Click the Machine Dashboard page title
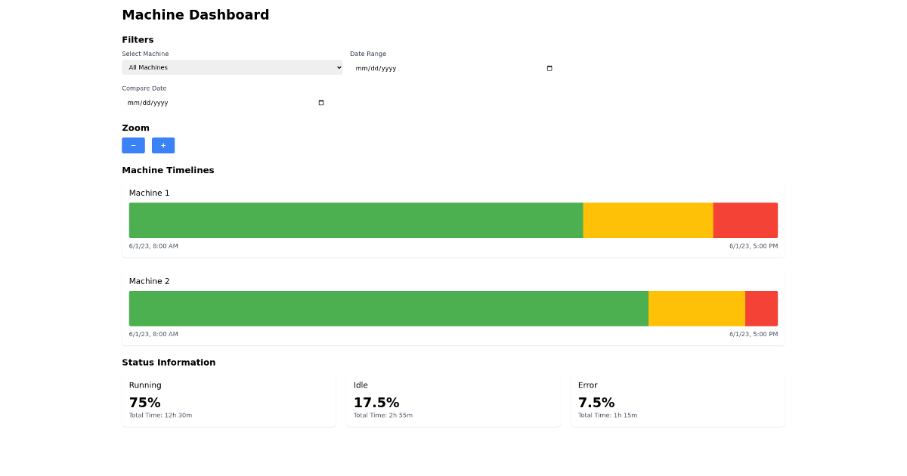195,15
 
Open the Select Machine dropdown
232,67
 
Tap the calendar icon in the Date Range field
549,68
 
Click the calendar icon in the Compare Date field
321,103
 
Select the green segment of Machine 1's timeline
356,220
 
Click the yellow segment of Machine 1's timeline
648,220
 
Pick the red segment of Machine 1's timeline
745,220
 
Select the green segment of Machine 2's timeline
388,308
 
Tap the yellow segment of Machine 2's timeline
696,308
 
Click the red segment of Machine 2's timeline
761,308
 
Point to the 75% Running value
145,403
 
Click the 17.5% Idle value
376,403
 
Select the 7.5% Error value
596,403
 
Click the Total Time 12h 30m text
160,416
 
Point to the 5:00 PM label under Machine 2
753,334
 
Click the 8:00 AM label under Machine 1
153,246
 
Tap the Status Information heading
169,363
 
